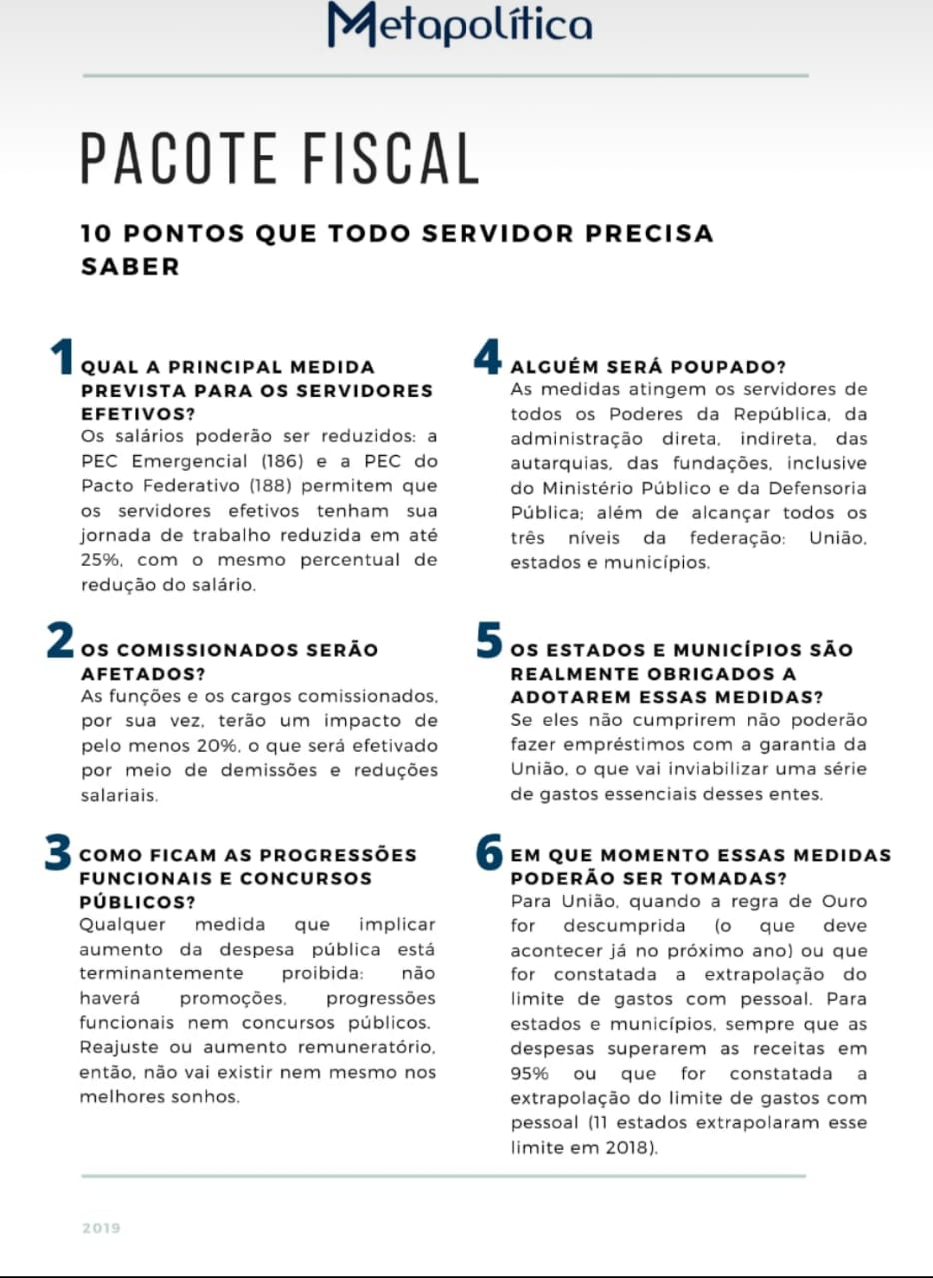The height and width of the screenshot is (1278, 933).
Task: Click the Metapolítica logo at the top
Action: [x=460, y=24]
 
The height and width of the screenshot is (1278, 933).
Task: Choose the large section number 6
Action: [x=489, y=852]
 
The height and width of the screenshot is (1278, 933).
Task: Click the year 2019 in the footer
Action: [x=101, y=1228]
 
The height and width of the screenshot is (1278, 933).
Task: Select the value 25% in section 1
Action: [x=101, y=561]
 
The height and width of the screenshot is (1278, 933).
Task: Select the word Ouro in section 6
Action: [x=844, y=901]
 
